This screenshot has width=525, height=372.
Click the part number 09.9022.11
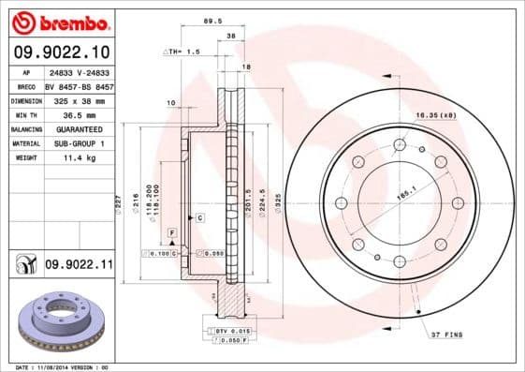click(x=78, y=266)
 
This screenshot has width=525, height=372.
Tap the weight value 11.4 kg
click(x=79, y=158)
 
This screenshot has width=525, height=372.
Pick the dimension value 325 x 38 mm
click(x=80, y=99)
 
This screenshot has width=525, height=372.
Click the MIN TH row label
click(x=24, y=114)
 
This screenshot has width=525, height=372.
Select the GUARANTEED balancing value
click(x=79, y=128)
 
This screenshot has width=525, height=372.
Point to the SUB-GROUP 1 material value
click(x=79, y=143)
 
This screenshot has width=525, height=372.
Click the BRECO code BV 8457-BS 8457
click(x=80, y=84)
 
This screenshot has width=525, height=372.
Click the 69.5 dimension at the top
click(x=212, y=20)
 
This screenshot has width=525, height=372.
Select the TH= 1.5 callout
click(x=184, y=52)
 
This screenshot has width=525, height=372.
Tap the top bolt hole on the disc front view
click(x=400, y=144)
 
